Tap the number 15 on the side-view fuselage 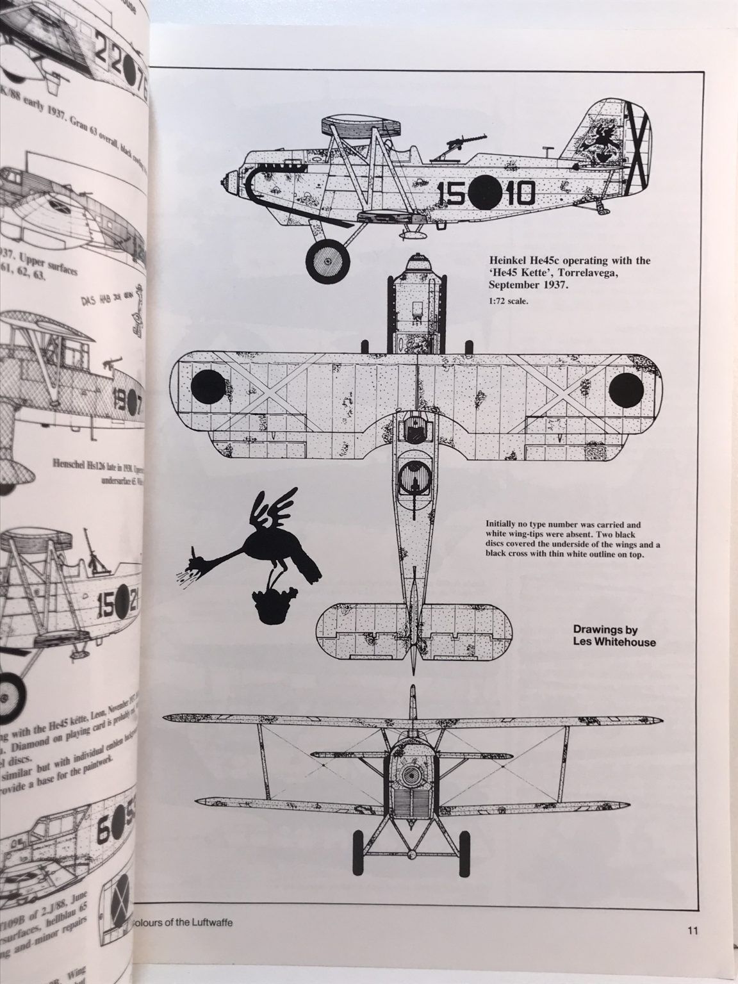452,190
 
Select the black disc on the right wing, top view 626,388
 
